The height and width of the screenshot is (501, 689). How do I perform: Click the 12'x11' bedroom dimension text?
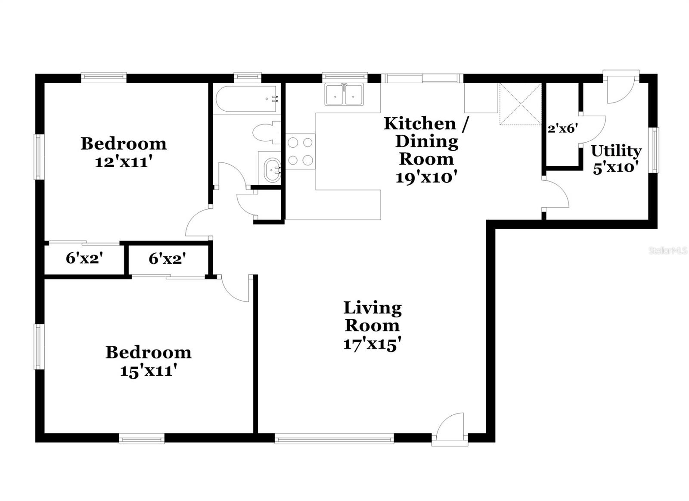124,162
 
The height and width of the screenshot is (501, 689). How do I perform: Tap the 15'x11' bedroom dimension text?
149,371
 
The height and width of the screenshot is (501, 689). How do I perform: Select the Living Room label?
372,317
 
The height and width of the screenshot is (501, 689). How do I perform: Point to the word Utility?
616,151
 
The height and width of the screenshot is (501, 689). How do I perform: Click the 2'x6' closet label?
562,128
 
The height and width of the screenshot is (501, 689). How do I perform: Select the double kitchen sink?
344,95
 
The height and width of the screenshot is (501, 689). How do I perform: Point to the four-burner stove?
301,151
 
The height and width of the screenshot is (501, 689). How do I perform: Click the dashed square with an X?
520,104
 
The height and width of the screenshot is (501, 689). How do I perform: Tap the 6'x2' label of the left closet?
84,258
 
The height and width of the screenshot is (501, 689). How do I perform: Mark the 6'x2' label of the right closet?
167,258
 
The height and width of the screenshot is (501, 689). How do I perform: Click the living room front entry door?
450,429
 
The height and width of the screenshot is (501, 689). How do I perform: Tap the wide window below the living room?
334,439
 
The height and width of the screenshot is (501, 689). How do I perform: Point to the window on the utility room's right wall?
655,150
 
